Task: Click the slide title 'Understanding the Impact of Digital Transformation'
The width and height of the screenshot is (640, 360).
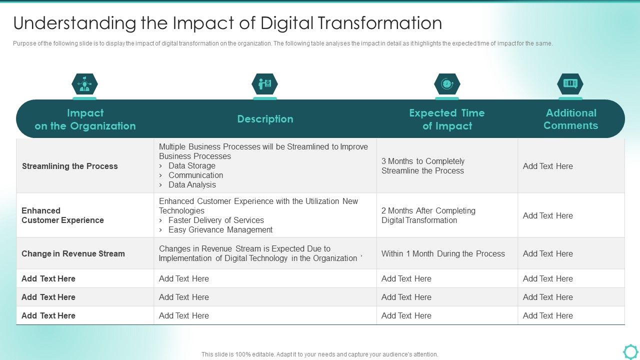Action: point(227,23)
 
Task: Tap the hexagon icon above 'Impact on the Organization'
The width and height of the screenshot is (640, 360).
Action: point(84,84)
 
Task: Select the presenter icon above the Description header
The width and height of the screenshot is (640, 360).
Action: point(264,84)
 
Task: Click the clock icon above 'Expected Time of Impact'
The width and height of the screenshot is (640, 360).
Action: point(447,84)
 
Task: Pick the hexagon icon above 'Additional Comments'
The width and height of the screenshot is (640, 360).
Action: point(570,84)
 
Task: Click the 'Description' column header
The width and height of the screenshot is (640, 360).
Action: point(265,119)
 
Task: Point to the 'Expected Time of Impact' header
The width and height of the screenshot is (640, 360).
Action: point(447,119)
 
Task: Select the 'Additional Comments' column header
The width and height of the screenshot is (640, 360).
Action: point(570,119)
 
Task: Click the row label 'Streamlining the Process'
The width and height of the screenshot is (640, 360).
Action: point(70,166)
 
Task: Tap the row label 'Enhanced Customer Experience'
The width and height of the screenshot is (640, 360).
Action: point(62,215)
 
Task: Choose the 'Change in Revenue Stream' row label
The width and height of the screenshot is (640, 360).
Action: point(73,253)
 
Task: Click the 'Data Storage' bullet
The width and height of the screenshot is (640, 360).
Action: point(191,165)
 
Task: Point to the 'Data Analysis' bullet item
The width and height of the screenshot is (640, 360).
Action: point(192,184)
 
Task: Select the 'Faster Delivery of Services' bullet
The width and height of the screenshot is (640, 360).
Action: point(216,220)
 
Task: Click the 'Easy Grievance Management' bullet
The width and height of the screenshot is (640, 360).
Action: point(220,229)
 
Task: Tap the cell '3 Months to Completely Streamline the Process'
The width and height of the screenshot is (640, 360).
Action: point(423,166)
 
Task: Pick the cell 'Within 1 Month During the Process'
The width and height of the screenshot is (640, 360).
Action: point(443,253)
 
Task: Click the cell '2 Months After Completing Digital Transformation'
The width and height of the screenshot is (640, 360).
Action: point(428,215)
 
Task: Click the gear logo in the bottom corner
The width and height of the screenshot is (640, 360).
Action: point(630,351)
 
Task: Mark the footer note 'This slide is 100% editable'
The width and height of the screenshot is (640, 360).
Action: point(319,354)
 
